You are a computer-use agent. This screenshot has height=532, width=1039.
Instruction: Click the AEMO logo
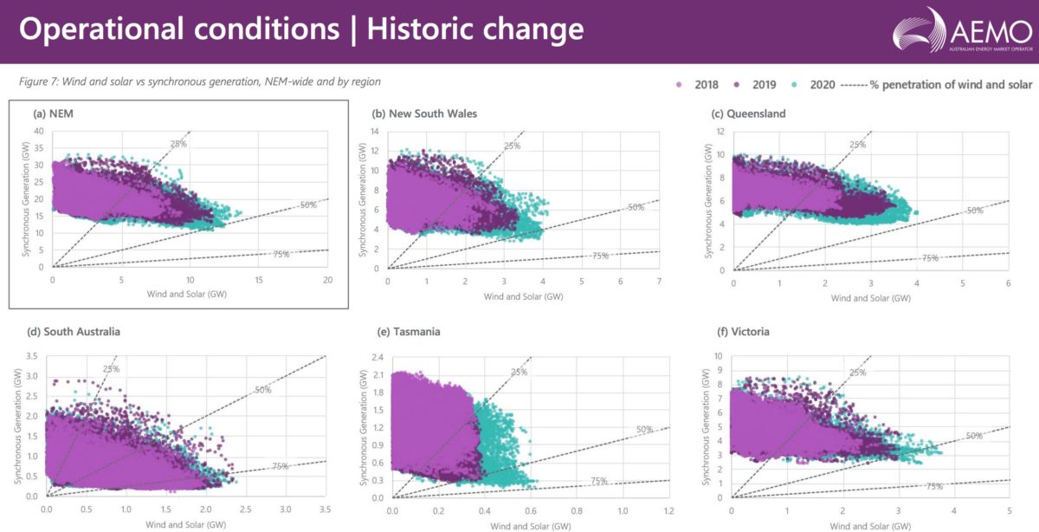tap(962, 31)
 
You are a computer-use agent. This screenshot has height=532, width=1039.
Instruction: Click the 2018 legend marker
tap(679, 86)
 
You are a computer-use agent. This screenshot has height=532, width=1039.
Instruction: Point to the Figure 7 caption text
tap(199, 81)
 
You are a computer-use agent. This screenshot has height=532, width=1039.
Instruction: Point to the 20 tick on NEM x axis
tap(327, 280)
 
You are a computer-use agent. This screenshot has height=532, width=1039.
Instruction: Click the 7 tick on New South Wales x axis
tap(660, 281)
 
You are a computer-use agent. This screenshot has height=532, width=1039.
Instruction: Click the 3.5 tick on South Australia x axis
tap(325, 509)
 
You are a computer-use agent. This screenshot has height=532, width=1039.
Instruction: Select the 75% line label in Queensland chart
tap(930, 258)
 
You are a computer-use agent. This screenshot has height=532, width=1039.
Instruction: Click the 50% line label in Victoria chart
tap(973, 435)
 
